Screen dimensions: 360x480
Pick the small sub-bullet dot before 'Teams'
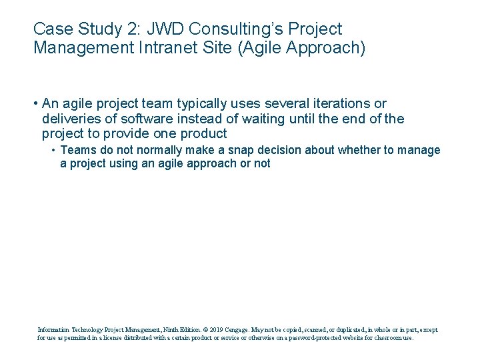pyautogui.click(x=53, y=151)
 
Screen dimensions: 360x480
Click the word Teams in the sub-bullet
pyautogui.click(x=79, y=150)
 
